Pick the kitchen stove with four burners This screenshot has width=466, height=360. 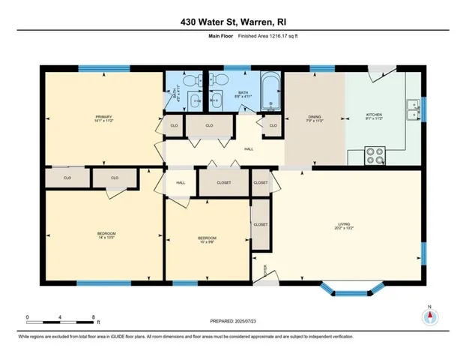(x=375, y=157)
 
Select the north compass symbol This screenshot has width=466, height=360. (x=429, y=316)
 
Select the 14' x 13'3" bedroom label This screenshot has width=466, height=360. (x=106, y=235)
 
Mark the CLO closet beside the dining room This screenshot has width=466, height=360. (x=273, y=125)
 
